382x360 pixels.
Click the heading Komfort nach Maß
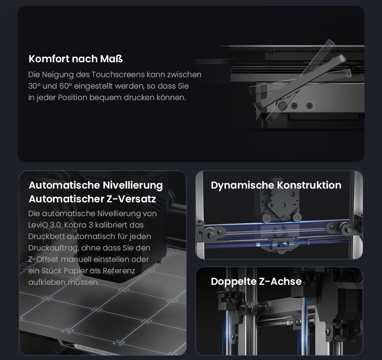pos(76,59)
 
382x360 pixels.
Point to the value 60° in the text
pos(66,86)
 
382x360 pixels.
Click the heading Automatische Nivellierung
pos(96,185)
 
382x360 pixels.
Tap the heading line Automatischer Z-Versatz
pos(92,199)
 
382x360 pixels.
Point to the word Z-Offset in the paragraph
pos(44,259)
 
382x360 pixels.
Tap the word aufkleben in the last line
pos(47,283)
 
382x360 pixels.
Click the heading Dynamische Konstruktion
pos(276,185)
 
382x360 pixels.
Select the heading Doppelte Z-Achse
pos(256,281)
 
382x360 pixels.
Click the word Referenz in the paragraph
pos(119,271)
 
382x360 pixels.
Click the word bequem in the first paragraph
pos(105,98)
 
